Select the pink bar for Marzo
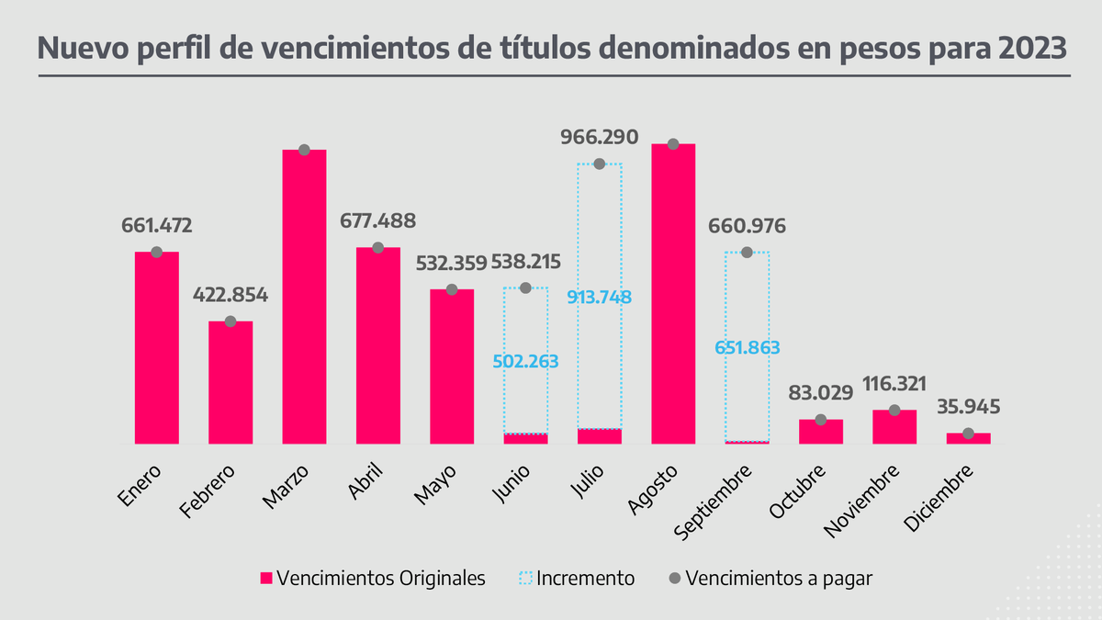pos(304,297)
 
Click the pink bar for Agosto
pos(672,294)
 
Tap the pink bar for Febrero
pos(231,382)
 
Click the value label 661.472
pos(157,225)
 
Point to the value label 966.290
pos(599,138)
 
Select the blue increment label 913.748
pos(599,297)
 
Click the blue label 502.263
pos(525,360)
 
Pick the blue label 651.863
pos(746,347)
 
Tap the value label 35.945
pos(968,406)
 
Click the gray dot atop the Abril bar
pos(377,248)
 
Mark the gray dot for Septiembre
pos(747,253)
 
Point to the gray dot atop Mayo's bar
pos(452,289)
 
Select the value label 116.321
pos(894,384)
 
